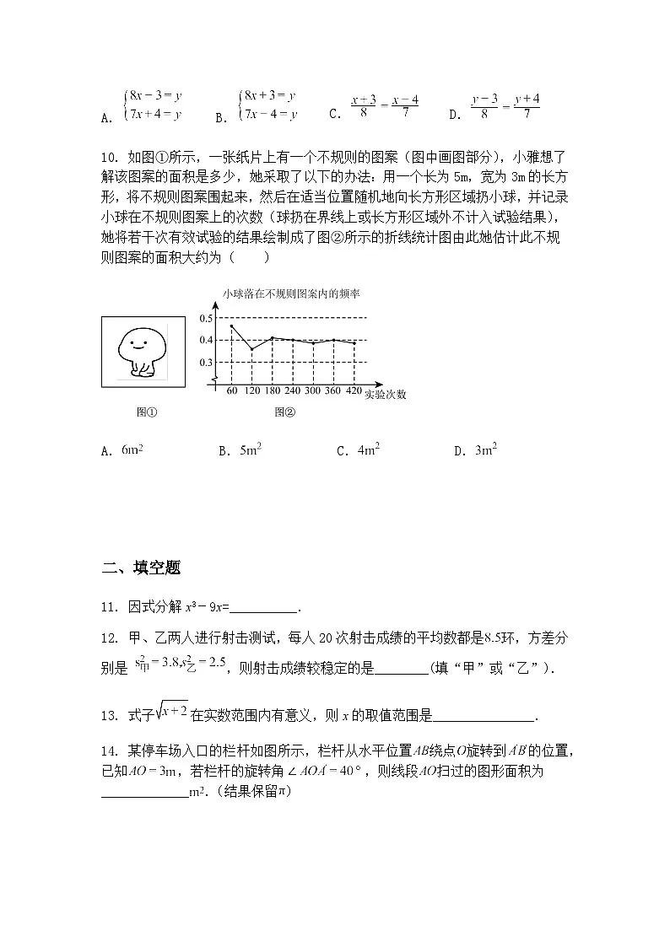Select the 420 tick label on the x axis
(354, 391)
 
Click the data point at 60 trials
(231, 326)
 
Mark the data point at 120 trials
(251, 348)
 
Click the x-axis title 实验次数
(386, 394)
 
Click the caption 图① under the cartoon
(147, 413)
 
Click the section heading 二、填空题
(141, 568)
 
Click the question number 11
(110, 606)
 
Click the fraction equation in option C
(385, 107)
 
